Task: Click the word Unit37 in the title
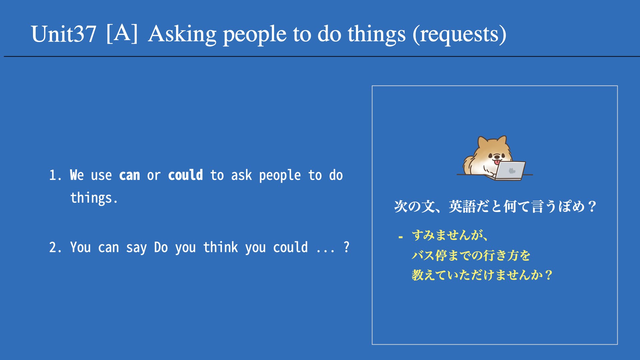tap(64, 34)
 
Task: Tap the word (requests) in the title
tap(459, 35)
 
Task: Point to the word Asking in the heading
tap(182, 35)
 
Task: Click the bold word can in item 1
tap(129, 175)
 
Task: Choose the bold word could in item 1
tap(185, 175)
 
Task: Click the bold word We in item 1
tap(77, 175)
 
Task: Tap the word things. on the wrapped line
tap(94, 198)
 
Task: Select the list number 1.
tap(55, 175)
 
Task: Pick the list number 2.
tap(55, 248)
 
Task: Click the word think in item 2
tap(221, 247)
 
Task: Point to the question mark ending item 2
tap(347, 247)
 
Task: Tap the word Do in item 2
tap(161, 248)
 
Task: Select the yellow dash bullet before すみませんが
tap(401, 237)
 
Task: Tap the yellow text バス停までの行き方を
tap(471, 256)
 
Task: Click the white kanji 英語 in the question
tap(462, 207)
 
